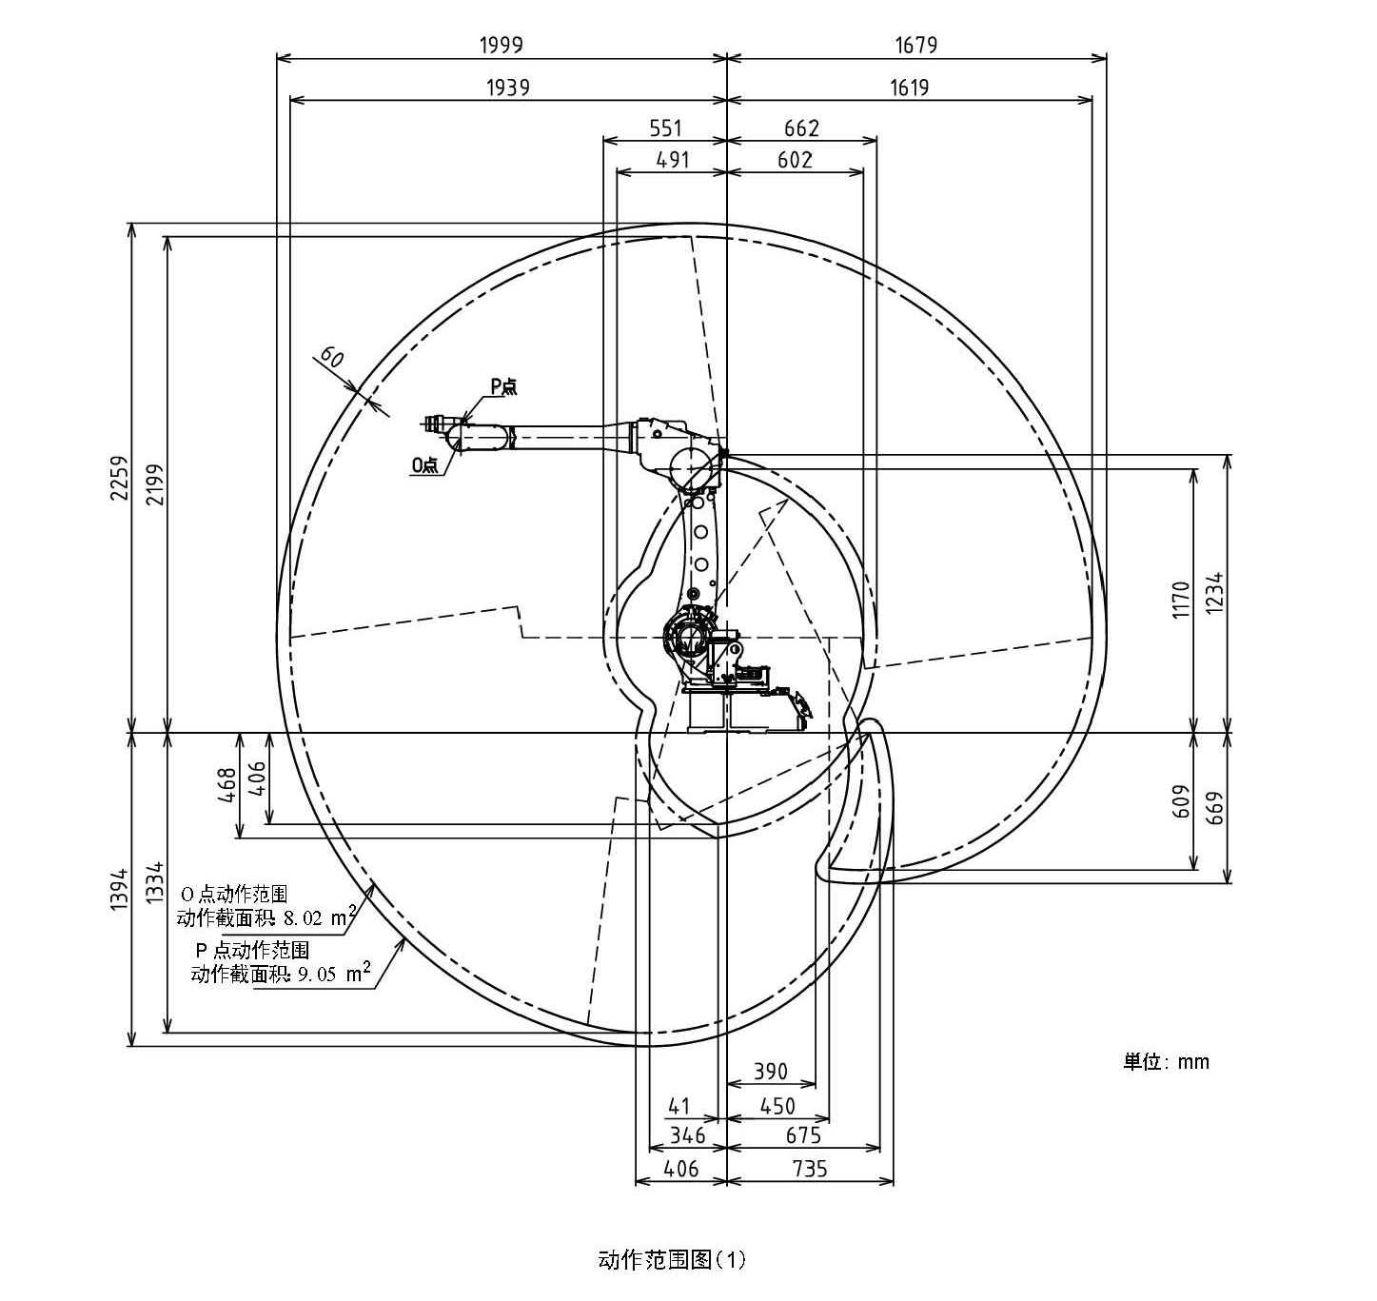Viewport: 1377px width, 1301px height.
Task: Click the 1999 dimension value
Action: click(x=502, y=45)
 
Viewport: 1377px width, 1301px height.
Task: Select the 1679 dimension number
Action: click(x=915, y=45)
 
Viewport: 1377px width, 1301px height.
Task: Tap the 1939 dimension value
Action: click(x=508, y=88)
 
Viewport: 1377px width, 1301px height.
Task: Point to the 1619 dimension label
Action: click(x=909, y=88)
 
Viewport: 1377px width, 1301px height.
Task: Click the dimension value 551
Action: click(x=665, y=128)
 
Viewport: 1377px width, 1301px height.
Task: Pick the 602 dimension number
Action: click(x=795, y=160)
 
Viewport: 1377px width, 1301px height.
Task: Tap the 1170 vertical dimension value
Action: click(x=1180, y=600)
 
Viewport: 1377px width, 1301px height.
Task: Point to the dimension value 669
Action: click(x=1215, y=808)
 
